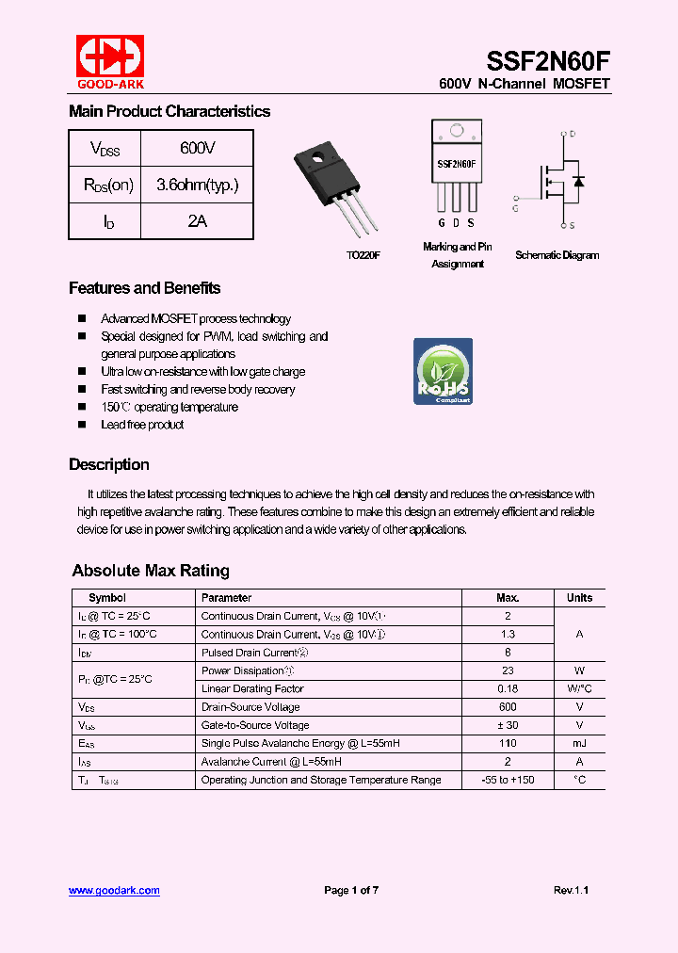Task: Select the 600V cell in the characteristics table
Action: (x=197, y=148)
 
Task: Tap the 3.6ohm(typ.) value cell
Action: (x=197, y=185)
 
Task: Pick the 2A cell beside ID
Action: (x=197, y=221)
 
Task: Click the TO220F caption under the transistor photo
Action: (x=362, y=255)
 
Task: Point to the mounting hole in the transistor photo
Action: (x=318, y=157)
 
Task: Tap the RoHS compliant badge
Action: (x=443, y=372)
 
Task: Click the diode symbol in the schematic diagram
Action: (x=578, y=181)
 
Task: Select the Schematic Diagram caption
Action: (x=557, y=255)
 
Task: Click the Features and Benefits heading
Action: (x=144, y=288)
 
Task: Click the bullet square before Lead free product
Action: (x=82, y=425)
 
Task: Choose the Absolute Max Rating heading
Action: (x=151, y=571)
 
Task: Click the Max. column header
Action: (x=508, y=598)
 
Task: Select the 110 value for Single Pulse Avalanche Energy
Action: (x=508, y=743)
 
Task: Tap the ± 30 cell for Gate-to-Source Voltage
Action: (x=508, y=725)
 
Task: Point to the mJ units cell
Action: (x=579, y=743)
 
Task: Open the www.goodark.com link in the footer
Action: (x=114, y=890)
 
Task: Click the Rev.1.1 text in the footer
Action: (x=571, y=890)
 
